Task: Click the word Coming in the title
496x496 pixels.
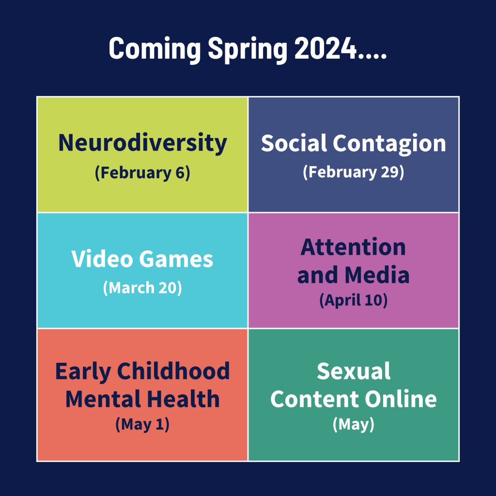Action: pos(155,48)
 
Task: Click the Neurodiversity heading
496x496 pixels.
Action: pos(143,143)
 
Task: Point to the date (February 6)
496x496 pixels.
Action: pos(143,173)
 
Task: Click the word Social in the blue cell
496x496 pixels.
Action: pos(294,143)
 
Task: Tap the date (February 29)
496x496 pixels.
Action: pos(353,172)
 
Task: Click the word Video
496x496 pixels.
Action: pos(102,259)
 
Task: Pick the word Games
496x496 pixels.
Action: pos(176,260)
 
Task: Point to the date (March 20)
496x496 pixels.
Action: pos(143,288)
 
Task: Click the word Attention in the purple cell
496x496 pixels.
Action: pos(353,247)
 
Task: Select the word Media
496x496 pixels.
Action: pos(377,274)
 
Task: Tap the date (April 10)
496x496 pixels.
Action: pos(353,300)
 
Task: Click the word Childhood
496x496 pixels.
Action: pos(173,371)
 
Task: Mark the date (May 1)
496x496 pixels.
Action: pos(143,424)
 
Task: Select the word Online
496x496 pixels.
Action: pos(401,399)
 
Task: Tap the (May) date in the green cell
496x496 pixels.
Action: pos(354,424)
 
